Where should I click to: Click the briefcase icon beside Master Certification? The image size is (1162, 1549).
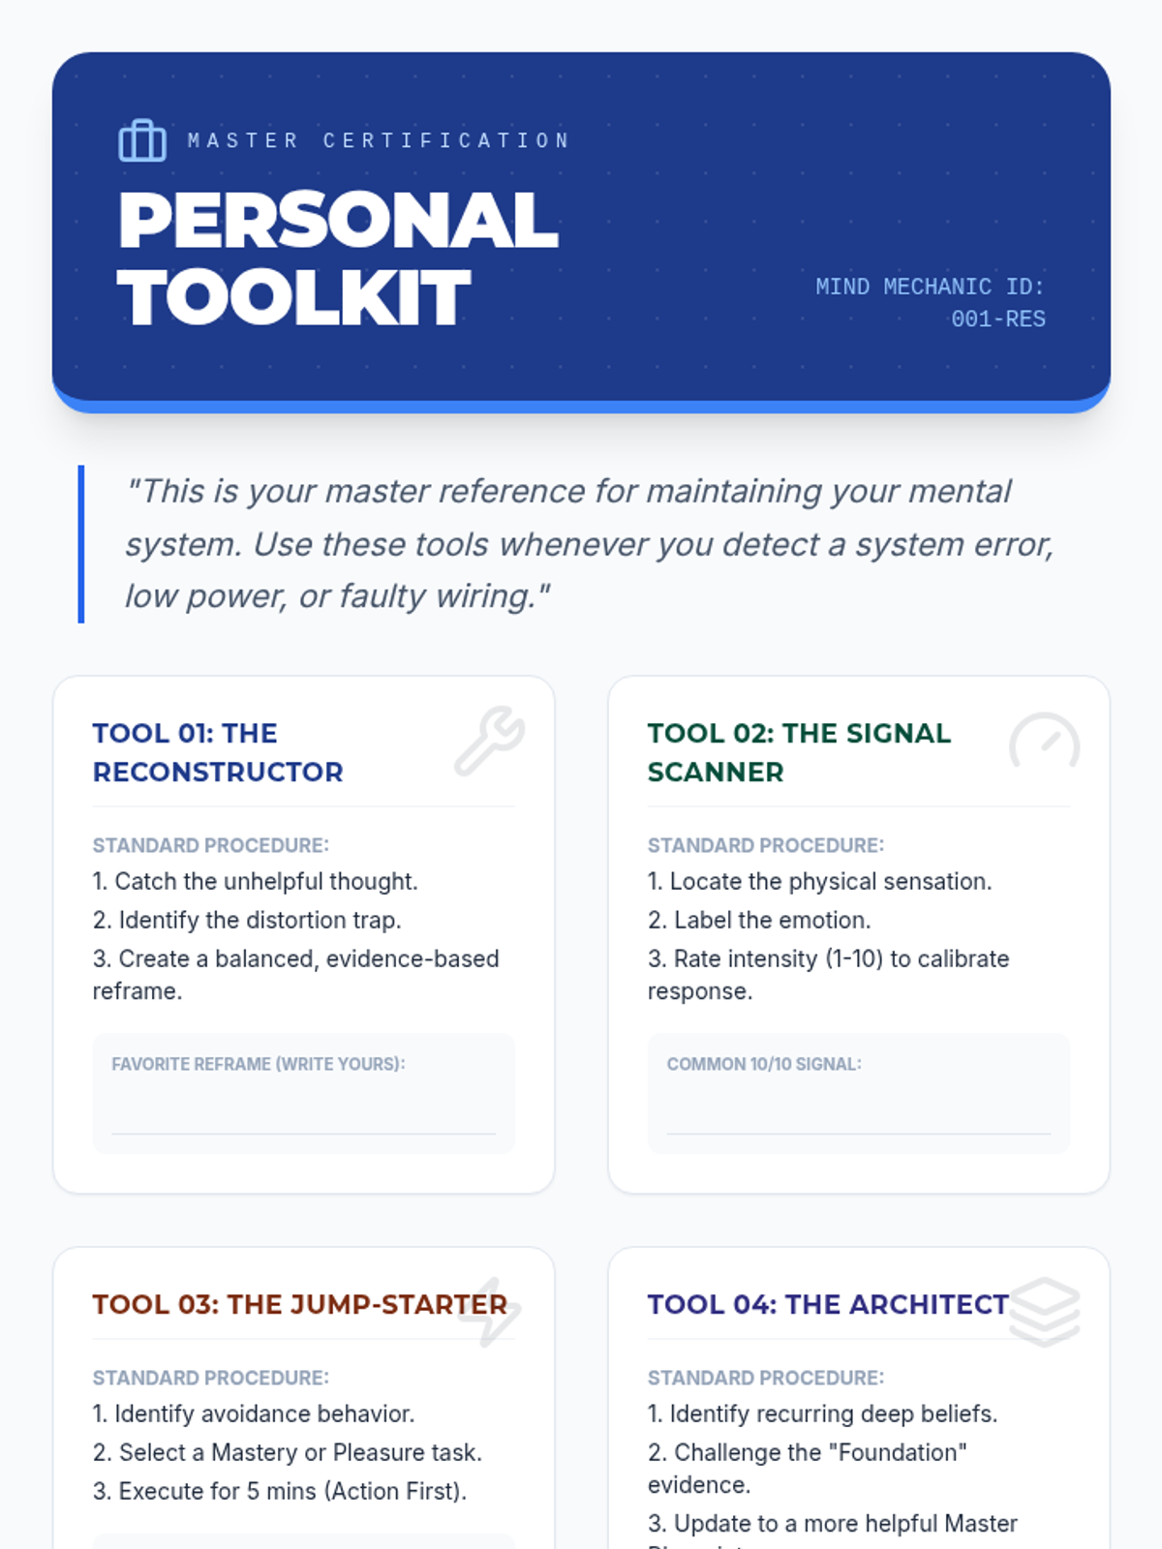(141, 140)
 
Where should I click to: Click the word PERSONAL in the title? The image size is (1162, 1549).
(338, 220)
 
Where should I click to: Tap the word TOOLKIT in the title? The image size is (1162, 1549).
(293, 297)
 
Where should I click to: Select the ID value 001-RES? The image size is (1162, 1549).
(997, 319)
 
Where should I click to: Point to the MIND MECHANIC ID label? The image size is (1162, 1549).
(930, 287)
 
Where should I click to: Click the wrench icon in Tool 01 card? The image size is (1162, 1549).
(490, 741)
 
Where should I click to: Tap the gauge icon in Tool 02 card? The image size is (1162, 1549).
(1044, 741)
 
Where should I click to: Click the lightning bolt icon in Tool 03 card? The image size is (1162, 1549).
(490, 1312)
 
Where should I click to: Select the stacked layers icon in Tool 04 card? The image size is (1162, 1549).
(1044, 1312)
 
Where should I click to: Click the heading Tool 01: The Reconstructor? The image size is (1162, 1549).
(218, 752)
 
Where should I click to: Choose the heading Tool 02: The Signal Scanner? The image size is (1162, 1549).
(800, 752)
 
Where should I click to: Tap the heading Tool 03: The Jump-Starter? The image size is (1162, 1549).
(300, 1304)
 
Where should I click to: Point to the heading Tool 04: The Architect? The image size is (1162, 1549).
(828, 1304)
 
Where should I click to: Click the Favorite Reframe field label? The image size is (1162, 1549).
(259, 1063)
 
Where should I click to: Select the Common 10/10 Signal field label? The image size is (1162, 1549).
(764, 1063)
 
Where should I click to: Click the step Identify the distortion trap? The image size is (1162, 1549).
(247, 921)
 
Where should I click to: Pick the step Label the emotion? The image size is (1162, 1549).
(759, 921)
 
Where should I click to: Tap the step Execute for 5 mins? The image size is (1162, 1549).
(280, 1491)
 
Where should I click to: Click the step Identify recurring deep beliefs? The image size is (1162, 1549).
(823, 1413)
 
